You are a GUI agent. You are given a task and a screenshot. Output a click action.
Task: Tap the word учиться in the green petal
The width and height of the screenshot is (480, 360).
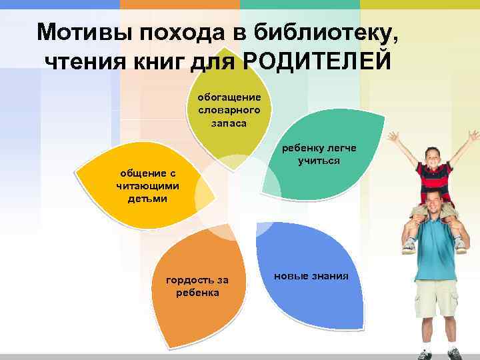320,161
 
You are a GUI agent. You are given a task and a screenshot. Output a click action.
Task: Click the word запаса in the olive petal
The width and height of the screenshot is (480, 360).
230,123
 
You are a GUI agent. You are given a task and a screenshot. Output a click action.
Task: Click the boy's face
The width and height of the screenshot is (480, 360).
433,157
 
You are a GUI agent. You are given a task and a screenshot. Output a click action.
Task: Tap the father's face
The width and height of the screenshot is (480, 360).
434,203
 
